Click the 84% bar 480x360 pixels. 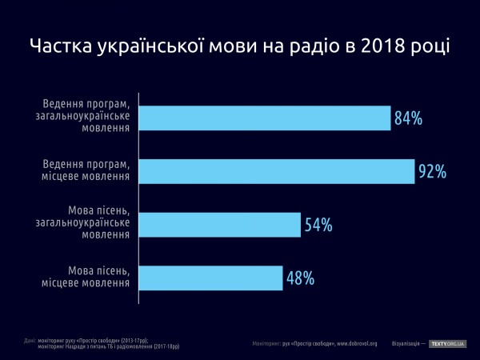tap(265, 118)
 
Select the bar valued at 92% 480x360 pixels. tap(277, 171)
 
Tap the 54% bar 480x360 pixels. tap(220, 225)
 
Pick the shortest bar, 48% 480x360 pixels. tap(211, 278)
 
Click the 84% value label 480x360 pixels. tap(408, 119)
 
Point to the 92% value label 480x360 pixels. tap(432, 172)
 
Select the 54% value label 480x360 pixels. tap(318, 226)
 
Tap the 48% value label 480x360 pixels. tap(300, 279)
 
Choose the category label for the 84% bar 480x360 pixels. tap(86, 118)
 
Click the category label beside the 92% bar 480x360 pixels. tap(86, 171)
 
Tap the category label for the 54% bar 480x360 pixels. tap(86, 224)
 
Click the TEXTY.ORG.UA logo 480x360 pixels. tap(448, 343)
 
